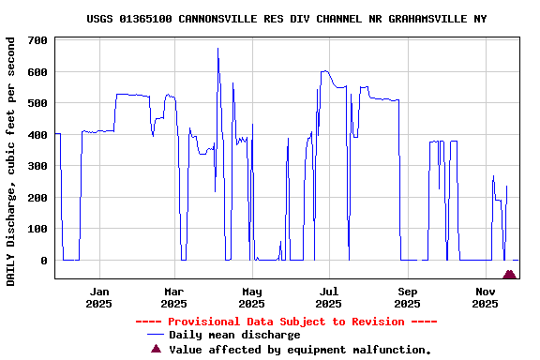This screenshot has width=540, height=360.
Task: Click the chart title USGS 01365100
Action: (286, 19)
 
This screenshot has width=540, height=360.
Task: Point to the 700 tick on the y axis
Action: (38, 40)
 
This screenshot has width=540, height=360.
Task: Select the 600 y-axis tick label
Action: (38, 72)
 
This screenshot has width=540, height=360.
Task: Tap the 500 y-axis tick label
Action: (38, 103)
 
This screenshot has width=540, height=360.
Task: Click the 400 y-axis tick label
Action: (38, 135)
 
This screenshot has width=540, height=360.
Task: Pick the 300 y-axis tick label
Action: (38, 166)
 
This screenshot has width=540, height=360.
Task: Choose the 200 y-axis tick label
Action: (38, 198)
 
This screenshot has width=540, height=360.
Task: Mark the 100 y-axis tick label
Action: (38, 229)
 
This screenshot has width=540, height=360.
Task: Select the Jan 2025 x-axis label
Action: (98, 297)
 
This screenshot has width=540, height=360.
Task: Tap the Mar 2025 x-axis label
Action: (173, 297)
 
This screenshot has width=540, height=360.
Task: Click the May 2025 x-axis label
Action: (251, 297)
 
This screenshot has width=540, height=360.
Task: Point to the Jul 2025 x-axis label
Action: (329, 297)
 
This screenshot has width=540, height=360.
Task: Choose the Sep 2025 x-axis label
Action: (408, 297)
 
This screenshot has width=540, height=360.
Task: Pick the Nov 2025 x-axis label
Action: (485, 297)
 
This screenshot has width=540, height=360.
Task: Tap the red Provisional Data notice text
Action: (286, 322)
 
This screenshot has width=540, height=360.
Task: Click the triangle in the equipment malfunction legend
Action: (157, 349)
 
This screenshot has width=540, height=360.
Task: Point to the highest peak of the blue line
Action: (217, 49)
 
